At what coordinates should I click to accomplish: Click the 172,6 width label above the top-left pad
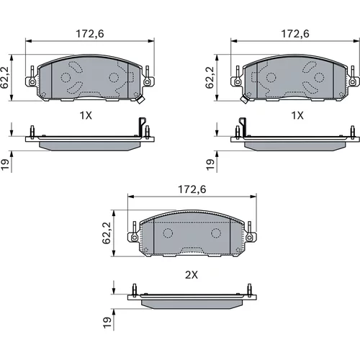point(90,34)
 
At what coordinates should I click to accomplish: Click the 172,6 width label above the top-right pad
point(295,34)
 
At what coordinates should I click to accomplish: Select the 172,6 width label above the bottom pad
point(192,189)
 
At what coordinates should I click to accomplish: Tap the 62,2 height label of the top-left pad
point(5,77)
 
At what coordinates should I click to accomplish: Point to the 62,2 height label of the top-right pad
point(210,77)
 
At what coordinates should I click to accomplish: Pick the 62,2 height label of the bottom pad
point(107,233)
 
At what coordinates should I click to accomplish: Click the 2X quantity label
point(192,275)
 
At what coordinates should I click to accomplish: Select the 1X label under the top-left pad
point(86,116)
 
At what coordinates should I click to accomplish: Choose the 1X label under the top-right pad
point(297,116)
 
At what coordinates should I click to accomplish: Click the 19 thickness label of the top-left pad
point(5,165)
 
